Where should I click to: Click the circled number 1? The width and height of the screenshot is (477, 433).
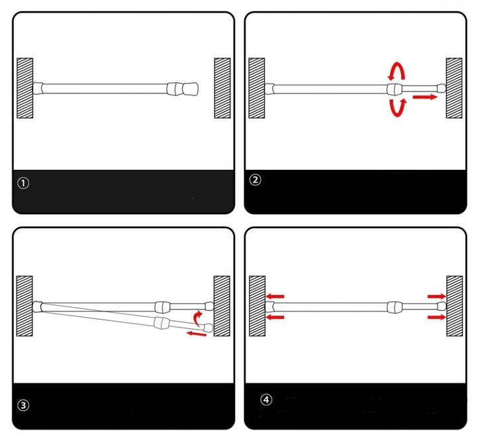click(23, 183)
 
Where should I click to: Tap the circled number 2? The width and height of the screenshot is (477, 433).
click(255, 180)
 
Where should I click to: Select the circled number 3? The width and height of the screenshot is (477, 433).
click(23, 405)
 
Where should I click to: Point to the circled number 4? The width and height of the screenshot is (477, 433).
click(266, 399)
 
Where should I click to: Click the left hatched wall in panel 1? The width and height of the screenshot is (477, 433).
click(25, 88)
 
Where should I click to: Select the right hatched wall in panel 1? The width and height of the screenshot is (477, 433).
click(223, 88)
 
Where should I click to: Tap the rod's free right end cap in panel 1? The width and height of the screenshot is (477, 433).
click(190, 89)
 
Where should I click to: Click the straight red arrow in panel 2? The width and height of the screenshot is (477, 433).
click(425, 97)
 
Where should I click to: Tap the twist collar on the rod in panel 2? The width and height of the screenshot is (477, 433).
click(395, 89)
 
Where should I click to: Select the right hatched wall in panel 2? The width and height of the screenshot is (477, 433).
click(454, 88)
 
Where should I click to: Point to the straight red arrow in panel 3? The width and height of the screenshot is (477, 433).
click(196, 334)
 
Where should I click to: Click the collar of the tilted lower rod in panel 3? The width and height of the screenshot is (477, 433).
click(162, 322)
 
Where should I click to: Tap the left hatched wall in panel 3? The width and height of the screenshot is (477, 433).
click(25, 306)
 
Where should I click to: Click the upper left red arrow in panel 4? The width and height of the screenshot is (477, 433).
click(276, 296)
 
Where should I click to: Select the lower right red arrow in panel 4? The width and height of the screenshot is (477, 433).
click(437, 317)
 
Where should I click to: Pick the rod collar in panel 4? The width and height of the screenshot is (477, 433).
click(395, 307)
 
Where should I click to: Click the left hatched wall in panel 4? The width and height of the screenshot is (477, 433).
click(257, 306)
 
